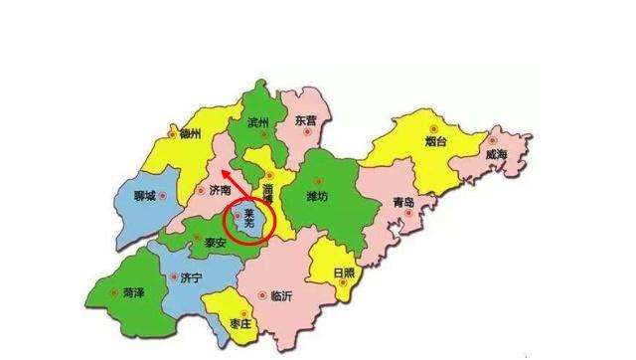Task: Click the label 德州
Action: click(189, 134)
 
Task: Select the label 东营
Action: click(306, 120)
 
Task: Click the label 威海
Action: click(497, 157)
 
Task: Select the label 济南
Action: click(222, 189)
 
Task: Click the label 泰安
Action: click(218, 242)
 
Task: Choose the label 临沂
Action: click(281, 295)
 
